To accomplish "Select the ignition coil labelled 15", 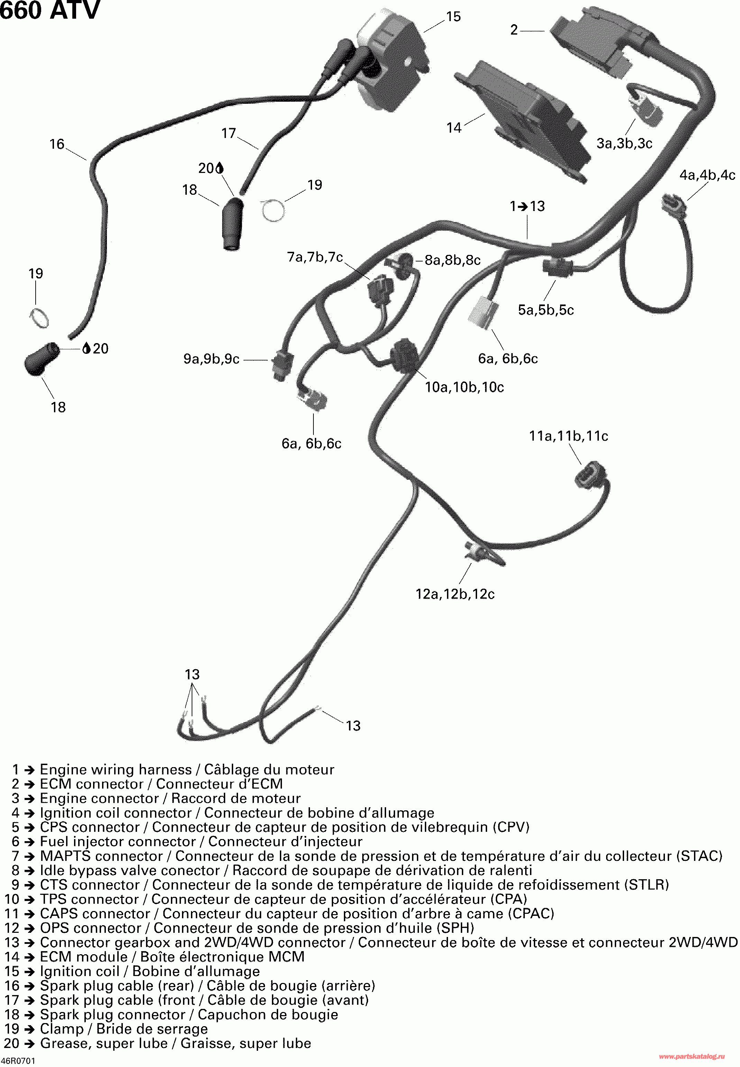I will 394,60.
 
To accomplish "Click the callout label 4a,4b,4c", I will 707,175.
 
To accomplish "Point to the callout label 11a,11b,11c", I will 568,436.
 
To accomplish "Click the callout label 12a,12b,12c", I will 455,594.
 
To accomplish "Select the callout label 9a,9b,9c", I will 211,359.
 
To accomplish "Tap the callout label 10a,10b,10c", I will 464,387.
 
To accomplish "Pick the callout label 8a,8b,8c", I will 453,260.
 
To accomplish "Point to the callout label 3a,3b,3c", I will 624,144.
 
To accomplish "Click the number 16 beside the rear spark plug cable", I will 57,144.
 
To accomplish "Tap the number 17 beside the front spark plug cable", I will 229,134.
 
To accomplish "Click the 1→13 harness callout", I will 527,206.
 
